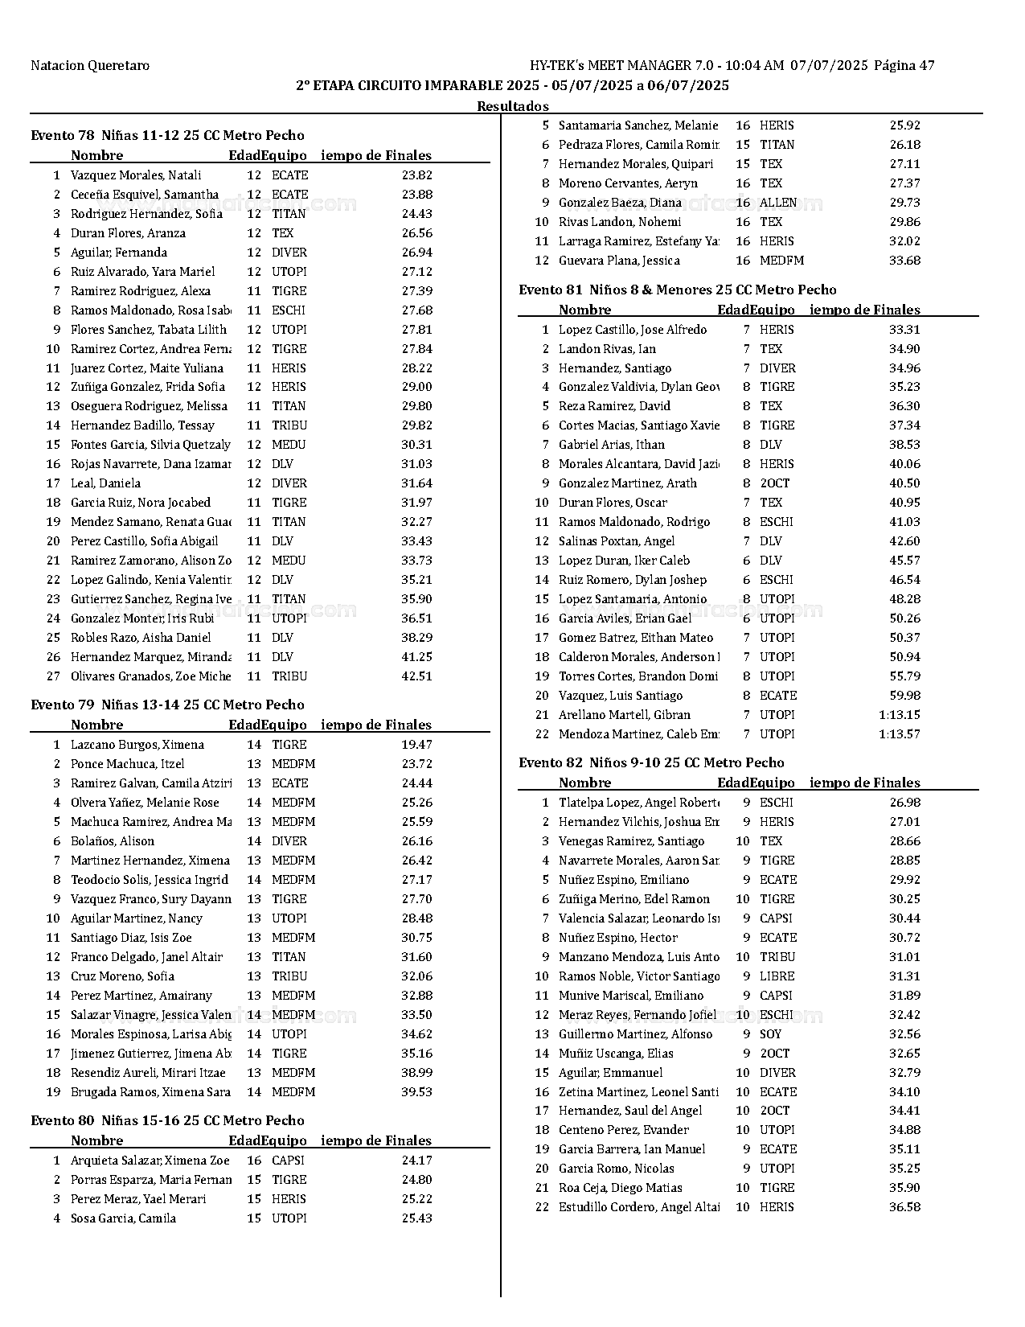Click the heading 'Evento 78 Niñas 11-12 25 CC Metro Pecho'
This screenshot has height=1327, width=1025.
tap(167, 135)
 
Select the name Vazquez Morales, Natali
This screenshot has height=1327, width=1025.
tap(136, 175)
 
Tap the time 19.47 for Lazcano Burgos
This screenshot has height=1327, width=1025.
tap(416, 745)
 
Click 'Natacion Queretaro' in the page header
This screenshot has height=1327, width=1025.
tap(90, 66)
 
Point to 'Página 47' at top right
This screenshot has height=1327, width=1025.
tap(904, 66)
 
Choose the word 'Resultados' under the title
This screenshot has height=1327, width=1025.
tap(512, 106)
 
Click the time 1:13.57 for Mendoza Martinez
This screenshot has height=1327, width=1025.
tap(899, 734)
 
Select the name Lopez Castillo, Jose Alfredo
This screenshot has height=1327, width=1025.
tap(633, 330)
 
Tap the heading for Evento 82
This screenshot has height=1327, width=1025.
tap(651, 762)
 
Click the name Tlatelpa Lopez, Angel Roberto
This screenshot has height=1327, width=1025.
tap(639, 803)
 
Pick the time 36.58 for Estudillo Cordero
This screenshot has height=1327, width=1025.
tap(904, 1207)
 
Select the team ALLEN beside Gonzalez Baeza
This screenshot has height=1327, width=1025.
tap(778, 203)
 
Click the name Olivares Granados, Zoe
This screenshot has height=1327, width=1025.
tap(150, 676)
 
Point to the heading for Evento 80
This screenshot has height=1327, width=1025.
tap(167, 1120)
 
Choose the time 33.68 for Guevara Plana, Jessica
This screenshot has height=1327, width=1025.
tap(904, 261)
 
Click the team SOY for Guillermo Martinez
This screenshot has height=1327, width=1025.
tap(770, 1034)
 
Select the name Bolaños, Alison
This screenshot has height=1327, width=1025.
tap(112, 841)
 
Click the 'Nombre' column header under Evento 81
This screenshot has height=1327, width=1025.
tap(584, 310)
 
